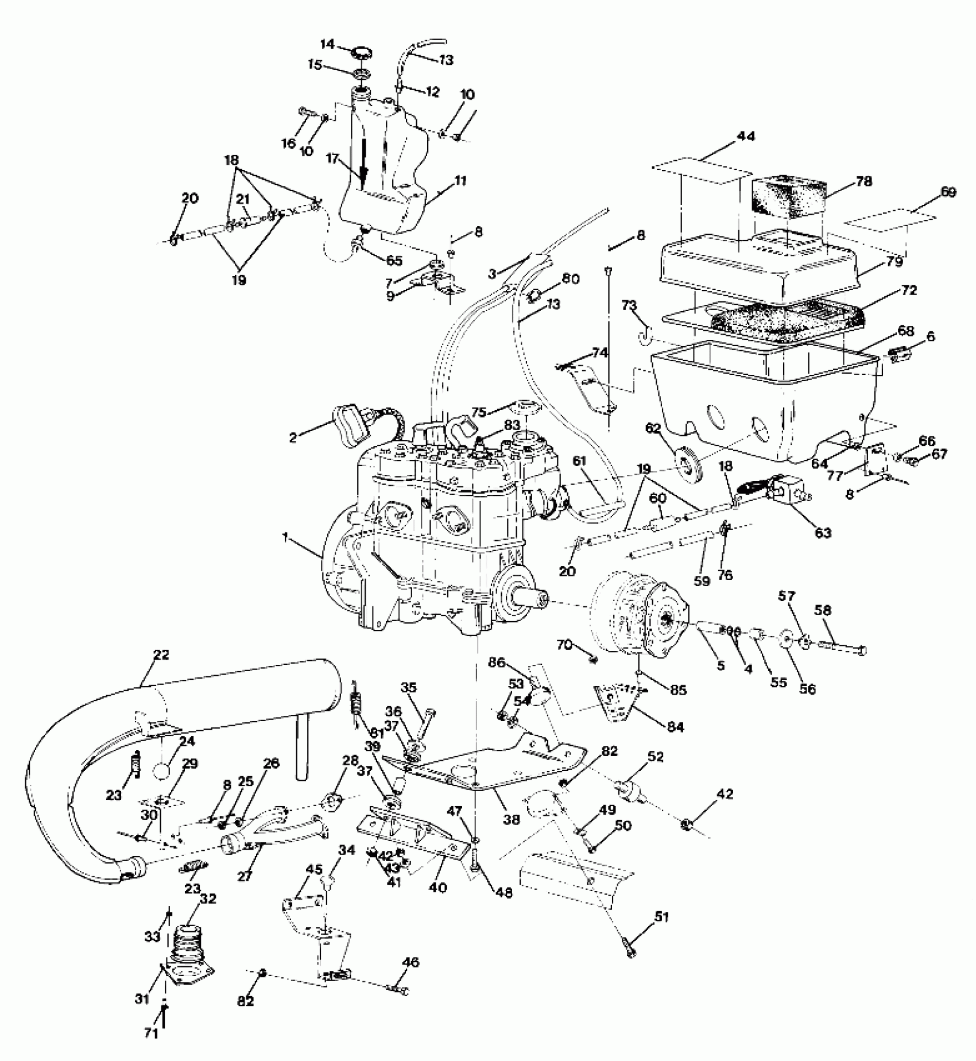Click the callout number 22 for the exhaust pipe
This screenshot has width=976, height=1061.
(x=161, y=655)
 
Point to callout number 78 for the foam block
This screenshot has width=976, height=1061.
(x=863, y=181)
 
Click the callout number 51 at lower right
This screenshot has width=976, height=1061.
(x=662, y=917)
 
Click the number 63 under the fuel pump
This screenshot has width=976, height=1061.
(x=823, y=532)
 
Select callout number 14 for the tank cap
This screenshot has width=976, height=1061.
(x=327, y=44)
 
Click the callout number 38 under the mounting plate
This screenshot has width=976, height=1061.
(x=511, y=819)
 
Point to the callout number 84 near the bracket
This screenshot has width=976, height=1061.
(x=676, y=727)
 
